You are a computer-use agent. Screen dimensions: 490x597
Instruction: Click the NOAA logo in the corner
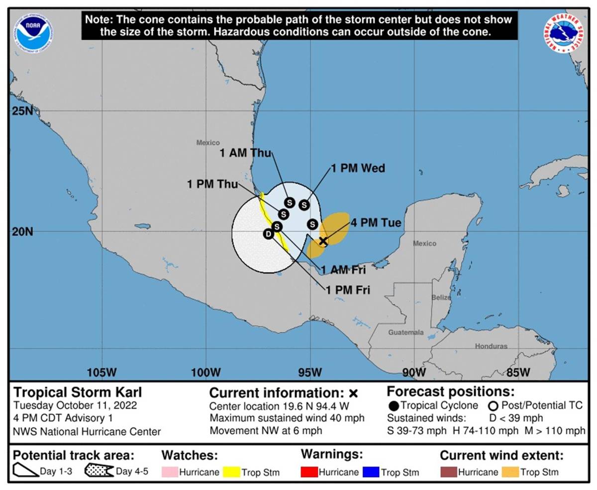click(33, 33)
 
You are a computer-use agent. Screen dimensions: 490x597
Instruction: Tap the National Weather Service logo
click(564, 33)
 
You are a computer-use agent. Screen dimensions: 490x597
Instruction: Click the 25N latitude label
click(22, 110)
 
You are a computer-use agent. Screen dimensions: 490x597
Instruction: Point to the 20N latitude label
click(22, 232)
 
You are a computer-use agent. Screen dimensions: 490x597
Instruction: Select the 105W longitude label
click(101, 372)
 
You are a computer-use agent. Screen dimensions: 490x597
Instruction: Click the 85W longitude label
click(518, 372)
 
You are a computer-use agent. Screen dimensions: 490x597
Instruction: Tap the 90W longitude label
click(413, 372)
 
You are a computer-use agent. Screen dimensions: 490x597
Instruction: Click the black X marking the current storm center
click(323, 241)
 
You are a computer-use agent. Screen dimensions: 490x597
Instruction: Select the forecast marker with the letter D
click(269, 234)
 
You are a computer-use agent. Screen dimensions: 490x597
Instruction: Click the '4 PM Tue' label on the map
click(376, 222)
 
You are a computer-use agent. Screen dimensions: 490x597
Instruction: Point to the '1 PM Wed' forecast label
click(358, 169)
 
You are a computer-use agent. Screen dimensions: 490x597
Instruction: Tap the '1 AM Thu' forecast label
click(245, 153)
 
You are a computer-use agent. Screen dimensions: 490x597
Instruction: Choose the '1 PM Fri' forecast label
click(348, 290)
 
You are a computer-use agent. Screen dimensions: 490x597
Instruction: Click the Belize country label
click(441, 297)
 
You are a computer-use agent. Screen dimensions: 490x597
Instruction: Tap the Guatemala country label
click(406, 332)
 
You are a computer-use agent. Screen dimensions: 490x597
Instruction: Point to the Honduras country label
click(491, 346)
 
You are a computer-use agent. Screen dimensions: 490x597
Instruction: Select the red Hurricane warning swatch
click(309, 472)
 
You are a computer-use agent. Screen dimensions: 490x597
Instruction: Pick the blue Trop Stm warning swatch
click(371, 472)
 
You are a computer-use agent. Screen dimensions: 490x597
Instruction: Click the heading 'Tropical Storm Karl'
click(77, 392)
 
